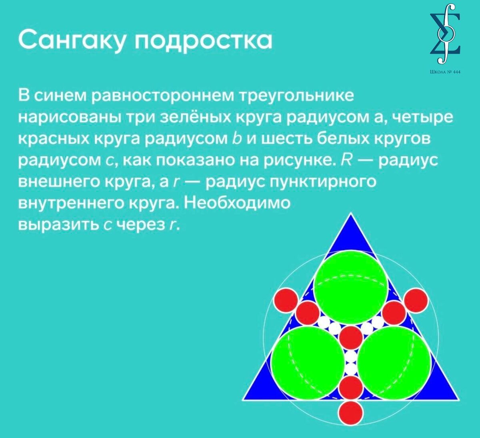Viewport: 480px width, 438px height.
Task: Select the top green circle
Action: (x=350, y=287)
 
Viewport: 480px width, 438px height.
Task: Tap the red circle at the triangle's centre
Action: (x=351, y=337)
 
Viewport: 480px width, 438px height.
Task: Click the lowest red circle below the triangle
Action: (x=351, y=413)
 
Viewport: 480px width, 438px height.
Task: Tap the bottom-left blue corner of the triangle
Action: (x=243, y=400)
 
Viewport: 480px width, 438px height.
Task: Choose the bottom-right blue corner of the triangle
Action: (x=459, y=400)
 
